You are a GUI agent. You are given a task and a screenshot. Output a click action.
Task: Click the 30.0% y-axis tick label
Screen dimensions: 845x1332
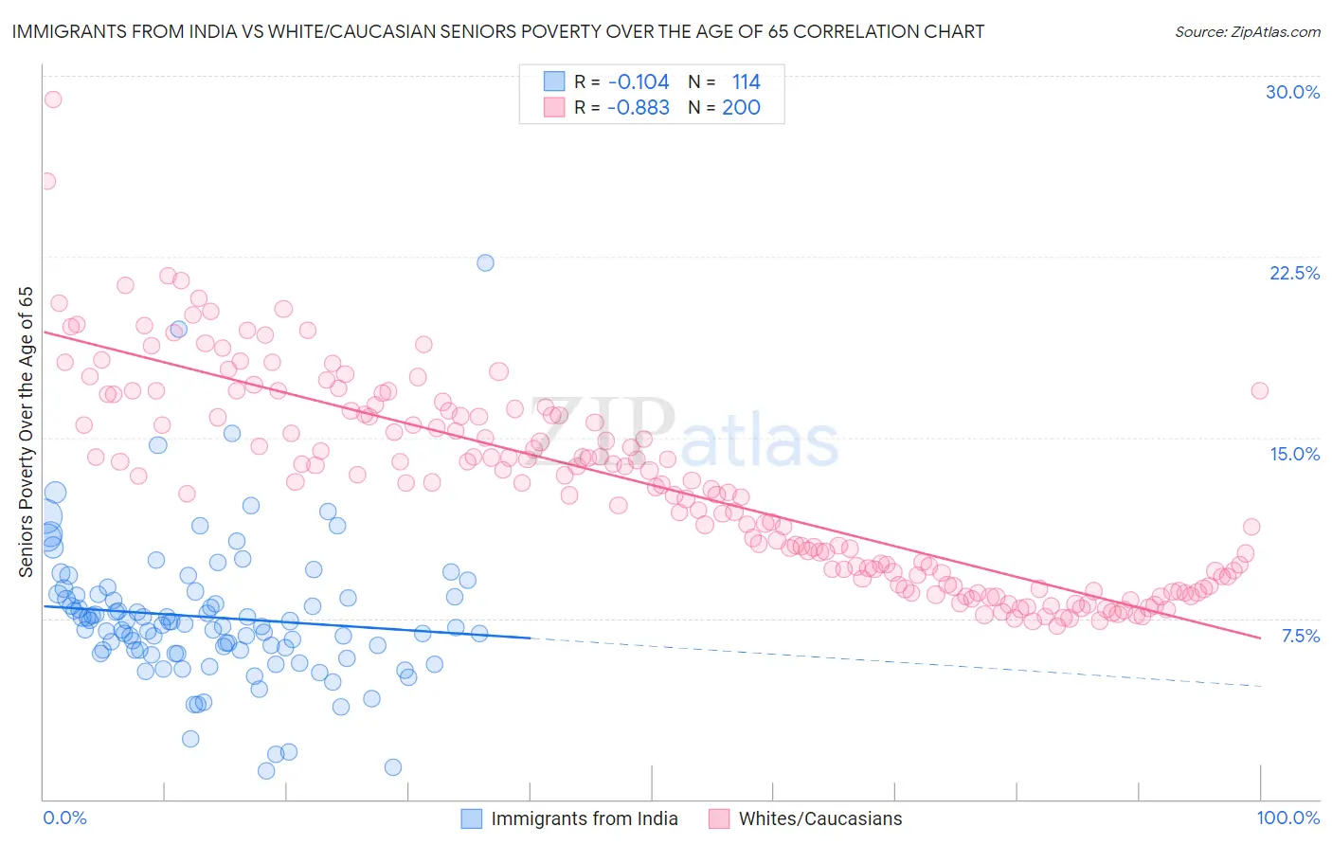coord(1292,92)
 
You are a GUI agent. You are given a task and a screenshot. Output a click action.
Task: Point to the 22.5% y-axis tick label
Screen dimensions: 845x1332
coord(1294,273)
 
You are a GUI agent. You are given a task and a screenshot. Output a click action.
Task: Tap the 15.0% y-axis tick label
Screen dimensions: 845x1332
coord(1294,454)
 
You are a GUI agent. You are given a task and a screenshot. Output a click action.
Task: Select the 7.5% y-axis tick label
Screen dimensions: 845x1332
coord(1300,636)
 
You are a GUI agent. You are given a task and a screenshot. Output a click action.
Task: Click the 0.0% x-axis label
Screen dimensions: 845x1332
coord(64,818)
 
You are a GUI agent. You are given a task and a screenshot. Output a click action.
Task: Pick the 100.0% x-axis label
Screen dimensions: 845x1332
coord(1287,818)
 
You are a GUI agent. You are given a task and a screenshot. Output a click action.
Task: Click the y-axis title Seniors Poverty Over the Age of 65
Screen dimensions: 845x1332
coord(26,431)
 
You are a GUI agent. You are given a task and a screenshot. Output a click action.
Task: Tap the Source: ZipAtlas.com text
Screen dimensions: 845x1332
coord(1247,32)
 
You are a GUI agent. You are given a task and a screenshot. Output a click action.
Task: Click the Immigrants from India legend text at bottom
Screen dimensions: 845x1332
coord(585,818)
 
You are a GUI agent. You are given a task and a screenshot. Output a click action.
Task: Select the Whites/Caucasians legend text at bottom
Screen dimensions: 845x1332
coord(820,818)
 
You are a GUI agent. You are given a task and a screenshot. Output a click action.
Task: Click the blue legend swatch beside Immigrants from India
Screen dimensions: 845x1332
coord(472,818)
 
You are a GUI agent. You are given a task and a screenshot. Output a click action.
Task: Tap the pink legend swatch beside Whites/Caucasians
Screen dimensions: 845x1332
coord(719,818)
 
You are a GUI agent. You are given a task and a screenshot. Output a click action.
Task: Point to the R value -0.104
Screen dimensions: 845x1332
coord(639,82)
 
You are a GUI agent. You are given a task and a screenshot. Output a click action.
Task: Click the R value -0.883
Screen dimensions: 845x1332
coord(639,108)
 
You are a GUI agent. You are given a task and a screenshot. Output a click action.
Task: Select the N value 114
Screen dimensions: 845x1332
coord(746,82)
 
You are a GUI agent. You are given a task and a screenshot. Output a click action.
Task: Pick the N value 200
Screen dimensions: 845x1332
coord(741,108)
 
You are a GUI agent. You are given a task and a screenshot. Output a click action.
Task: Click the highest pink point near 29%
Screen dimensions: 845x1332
coord(53,99)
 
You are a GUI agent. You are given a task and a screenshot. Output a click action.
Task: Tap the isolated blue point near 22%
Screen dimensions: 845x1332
coord(485,262)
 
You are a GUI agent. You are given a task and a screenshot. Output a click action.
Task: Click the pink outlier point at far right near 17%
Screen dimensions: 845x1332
coord(1259,390)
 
